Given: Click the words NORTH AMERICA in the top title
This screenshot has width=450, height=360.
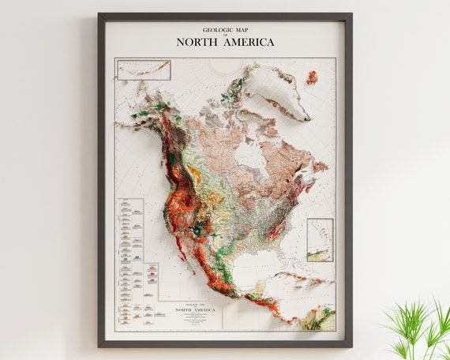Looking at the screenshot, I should [225, 42].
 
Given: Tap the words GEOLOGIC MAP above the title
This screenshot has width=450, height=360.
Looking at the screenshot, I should [225, 29].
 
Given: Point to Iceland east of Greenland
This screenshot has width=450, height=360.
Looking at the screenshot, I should [312, 77].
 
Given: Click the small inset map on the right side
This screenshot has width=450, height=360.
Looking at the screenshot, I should [320, 239].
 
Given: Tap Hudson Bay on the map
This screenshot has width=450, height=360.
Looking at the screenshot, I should [251, 155].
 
